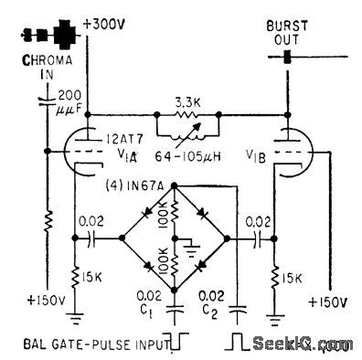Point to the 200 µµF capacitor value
tap(68, 102)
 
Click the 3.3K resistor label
tap(189, 105)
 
